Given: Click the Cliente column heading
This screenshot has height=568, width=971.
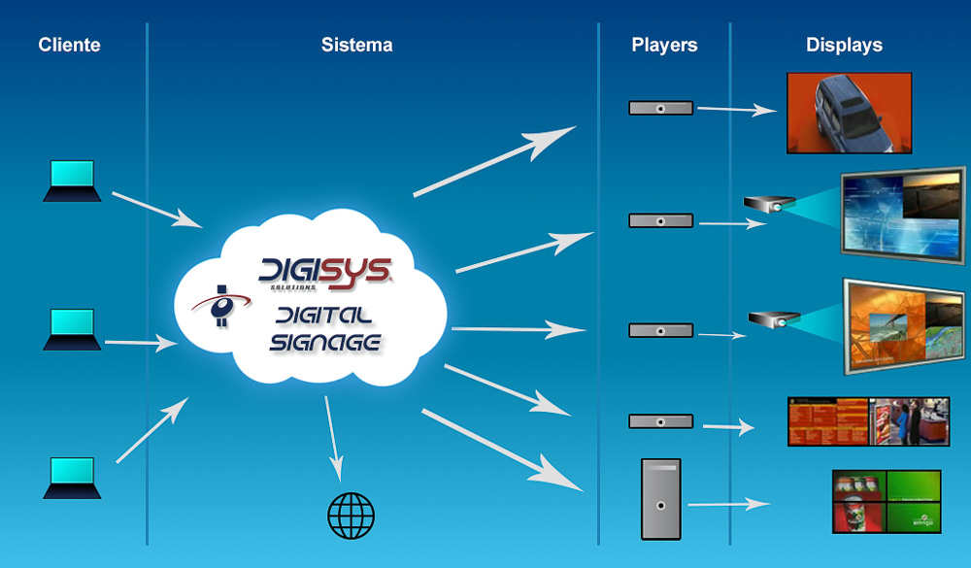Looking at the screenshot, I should [x=70, y=45].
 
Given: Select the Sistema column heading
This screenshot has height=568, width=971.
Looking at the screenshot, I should [x=357, y=45].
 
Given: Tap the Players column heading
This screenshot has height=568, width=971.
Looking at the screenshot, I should [x=664, y=45].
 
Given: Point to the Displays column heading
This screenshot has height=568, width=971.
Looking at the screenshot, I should [x=844, y=45].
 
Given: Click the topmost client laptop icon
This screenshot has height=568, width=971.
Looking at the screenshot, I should [x=72, y=182].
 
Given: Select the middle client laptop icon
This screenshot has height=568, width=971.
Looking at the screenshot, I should [x=72, y=330].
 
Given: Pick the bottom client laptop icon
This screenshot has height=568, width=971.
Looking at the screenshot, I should [x=72, y=478].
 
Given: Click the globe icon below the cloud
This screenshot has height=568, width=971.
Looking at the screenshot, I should [x=351, y=515].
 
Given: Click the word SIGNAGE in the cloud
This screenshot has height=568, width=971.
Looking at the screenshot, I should [x=326, y=343].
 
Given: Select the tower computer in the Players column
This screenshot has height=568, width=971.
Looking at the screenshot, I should [x=660, y=499].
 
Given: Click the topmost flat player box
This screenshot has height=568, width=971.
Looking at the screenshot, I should [x=660, y=108].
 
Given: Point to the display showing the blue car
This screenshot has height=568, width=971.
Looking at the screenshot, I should [x=849, y=113].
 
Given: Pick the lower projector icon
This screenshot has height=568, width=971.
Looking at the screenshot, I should [x=774, y=317].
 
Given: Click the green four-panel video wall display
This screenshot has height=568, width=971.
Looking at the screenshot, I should [x=887, y=501].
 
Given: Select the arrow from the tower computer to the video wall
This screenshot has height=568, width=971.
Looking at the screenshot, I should [x=729, y=504].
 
